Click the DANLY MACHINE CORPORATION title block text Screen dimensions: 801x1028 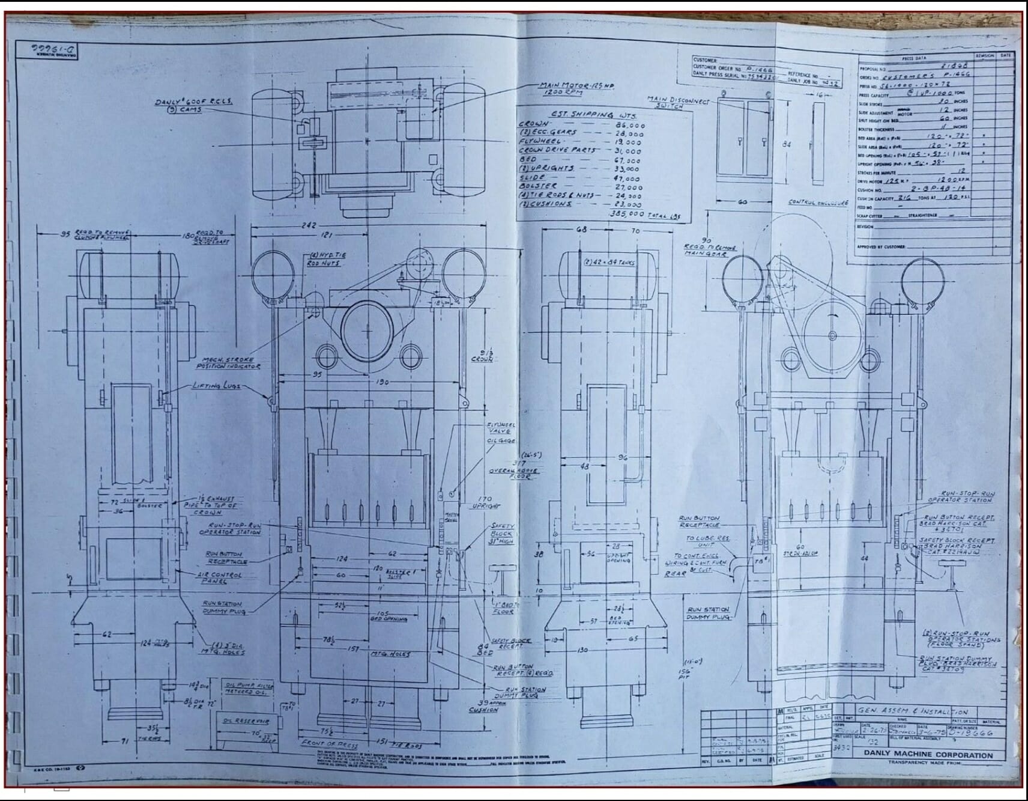pos(928,755)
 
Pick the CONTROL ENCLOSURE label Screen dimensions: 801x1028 pos(818,203)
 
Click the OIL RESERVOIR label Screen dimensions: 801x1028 pos(246,721)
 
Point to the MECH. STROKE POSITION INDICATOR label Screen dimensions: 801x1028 pos(228,362)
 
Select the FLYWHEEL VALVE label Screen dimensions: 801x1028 pos(501,428)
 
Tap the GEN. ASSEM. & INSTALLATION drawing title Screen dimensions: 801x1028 pos(912,711)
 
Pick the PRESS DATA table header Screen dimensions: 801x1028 pos(914,59)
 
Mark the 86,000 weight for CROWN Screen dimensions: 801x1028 pos(629,126)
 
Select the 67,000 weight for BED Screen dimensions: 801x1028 pos(628,160)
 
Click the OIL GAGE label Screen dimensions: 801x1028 pos(500,441)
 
